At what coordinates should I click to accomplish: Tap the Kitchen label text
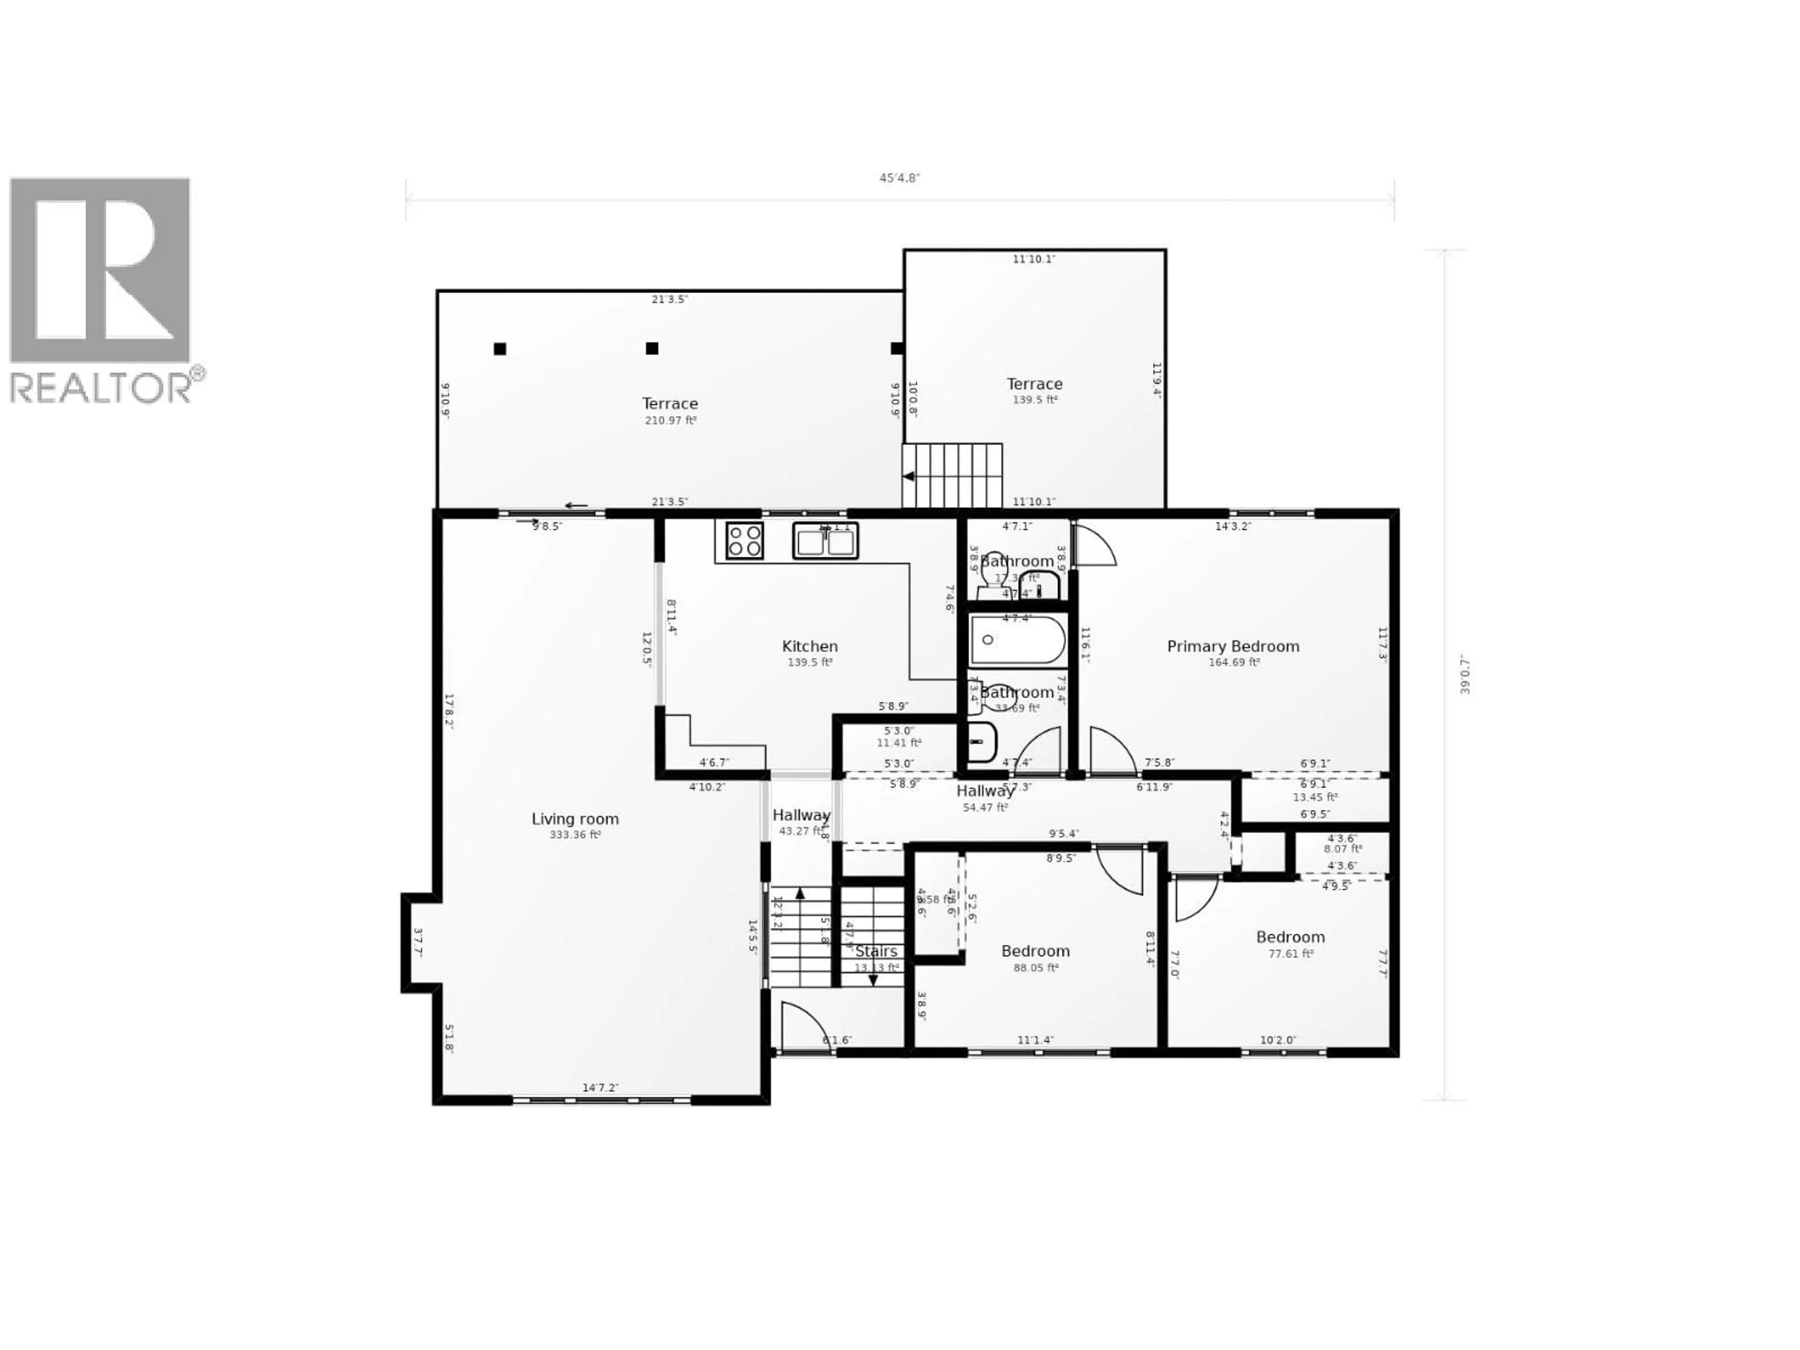(x=810, y=646)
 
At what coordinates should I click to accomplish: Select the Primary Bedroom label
(x=1233, y=646)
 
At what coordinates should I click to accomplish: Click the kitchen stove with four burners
(x=744, y=540)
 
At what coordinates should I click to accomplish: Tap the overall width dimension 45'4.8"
(x=899, y=178)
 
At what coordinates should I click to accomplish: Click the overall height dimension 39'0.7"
(x=1465, y=674)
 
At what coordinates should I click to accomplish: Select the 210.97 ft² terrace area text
(x=670, y=421)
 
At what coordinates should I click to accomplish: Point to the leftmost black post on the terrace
(x=500, y=349)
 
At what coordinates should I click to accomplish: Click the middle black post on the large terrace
(x=652, y=348)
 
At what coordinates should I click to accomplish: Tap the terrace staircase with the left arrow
(x=952, y=476)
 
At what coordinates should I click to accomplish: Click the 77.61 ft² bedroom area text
(x=1290, y=954)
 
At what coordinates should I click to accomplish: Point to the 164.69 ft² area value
(x=1234, y=662)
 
